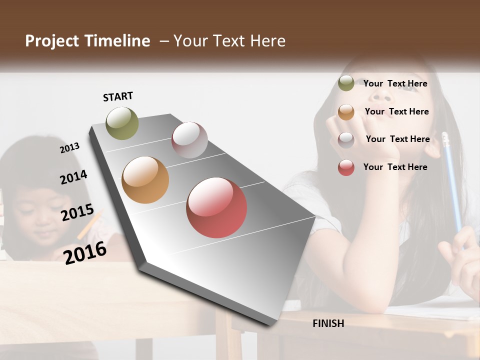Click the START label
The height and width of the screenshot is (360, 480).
(x=118, y=96)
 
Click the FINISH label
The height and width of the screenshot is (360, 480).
(x=328, y=323)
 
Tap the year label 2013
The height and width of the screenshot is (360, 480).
(x=69, y=147)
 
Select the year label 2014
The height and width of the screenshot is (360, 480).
(x=73, y=177)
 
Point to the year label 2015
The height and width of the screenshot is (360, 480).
(x=77, y=212)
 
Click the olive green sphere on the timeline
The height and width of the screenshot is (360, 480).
(x=122, y=123)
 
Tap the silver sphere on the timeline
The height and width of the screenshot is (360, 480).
(x=189, y=140)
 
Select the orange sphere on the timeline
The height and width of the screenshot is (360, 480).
(x=145, y=180)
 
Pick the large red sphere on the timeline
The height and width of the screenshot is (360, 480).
(x=216, y=207)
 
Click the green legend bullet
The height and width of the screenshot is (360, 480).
(x=346, y=83)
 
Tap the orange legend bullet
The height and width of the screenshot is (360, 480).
(x=346, y=112)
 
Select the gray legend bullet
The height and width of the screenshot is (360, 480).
(x=346, y=140)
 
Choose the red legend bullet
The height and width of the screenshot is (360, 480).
(x=346, y=167)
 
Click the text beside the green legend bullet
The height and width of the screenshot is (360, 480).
(x=395, y=83)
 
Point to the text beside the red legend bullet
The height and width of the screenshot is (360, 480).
(x=395, y=167)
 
